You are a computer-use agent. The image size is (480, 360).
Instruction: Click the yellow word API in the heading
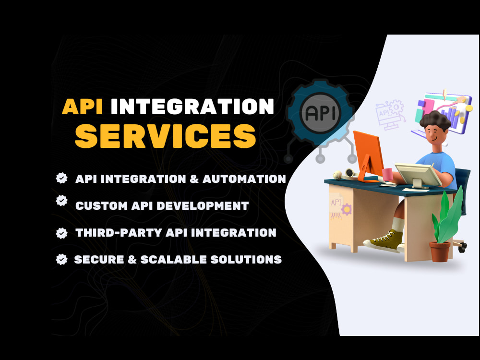tap(83, 107)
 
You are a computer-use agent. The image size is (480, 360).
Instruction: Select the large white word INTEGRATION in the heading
tap(192, 107)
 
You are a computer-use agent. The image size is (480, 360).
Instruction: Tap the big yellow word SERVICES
tap(165, 136)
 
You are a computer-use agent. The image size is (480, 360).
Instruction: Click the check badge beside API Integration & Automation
tap(61, 178)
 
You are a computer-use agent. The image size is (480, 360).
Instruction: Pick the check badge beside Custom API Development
tap(61, 201)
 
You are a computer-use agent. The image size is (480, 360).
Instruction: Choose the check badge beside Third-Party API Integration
tap(61, 233)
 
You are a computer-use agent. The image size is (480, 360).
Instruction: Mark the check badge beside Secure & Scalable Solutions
tap(61, 259)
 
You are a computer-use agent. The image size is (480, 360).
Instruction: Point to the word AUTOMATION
tap(244, 179)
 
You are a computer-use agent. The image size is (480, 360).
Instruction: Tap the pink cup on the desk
tap(387, 174)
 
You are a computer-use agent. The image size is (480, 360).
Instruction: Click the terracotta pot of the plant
tap(440, 252)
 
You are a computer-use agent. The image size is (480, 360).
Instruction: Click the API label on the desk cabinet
tap(336, 202)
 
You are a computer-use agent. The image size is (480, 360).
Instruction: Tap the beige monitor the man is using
tap(418, 175)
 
